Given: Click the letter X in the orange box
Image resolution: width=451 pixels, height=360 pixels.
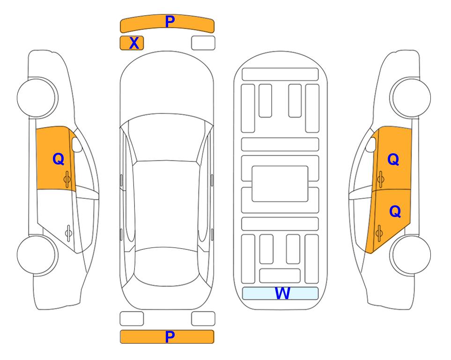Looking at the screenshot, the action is coord(134,43).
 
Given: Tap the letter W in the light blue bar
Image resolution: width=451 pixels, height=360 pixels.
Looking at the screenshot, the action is coord(282,293).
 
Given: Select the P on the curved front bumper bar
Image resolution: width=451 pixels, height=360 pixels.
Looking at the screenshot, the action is coord(170,22).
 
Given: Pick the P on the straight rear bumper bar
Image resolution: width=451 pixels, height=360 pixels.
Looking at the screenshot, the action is coord(170,337).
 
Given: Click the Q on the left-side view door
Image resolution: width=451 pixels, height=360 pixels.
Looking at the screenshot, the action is coord(59,159).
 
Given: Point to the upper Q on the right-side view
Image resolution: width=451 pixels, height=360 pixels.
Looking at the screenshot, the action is coord(393,159).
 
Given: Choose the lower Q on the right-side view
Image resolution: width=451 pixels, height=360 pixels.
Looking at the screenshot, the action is coord(395,211).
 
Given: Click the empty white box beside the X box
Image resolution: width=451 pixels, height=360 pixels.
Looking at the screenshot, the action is coord(203,43).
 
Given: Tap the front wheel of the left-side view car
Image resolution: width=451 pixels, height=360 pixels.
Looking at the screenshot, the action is coord(37,97).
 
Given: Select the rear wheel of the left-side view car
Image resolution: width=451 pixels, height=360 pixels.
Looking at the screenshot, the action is coord(37,255).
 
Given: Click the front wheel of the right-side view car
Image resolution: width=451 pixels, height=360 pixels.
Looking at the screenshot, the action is coord(411,97).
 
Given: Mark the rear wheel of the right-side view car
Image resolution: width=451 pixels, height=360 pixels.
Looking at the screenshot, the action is coord(411,255).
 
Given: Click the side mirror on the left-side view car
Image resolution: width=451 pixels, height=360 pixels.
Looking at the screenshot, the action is coord(77,144).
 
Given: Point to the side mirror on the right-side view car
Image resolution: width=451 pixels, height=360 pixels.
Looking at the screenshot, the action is coord(371,144).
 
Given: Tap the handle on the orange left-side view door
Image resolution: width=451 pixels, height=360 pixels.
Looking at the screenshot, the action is coord(67,179).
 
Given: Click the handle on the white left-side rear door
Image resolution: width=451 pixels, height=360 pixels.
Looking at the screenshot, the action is coord(68,232).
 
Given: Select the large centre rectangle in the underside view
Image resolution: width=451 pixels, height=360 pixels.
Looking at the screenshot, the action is coord(280,184).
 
